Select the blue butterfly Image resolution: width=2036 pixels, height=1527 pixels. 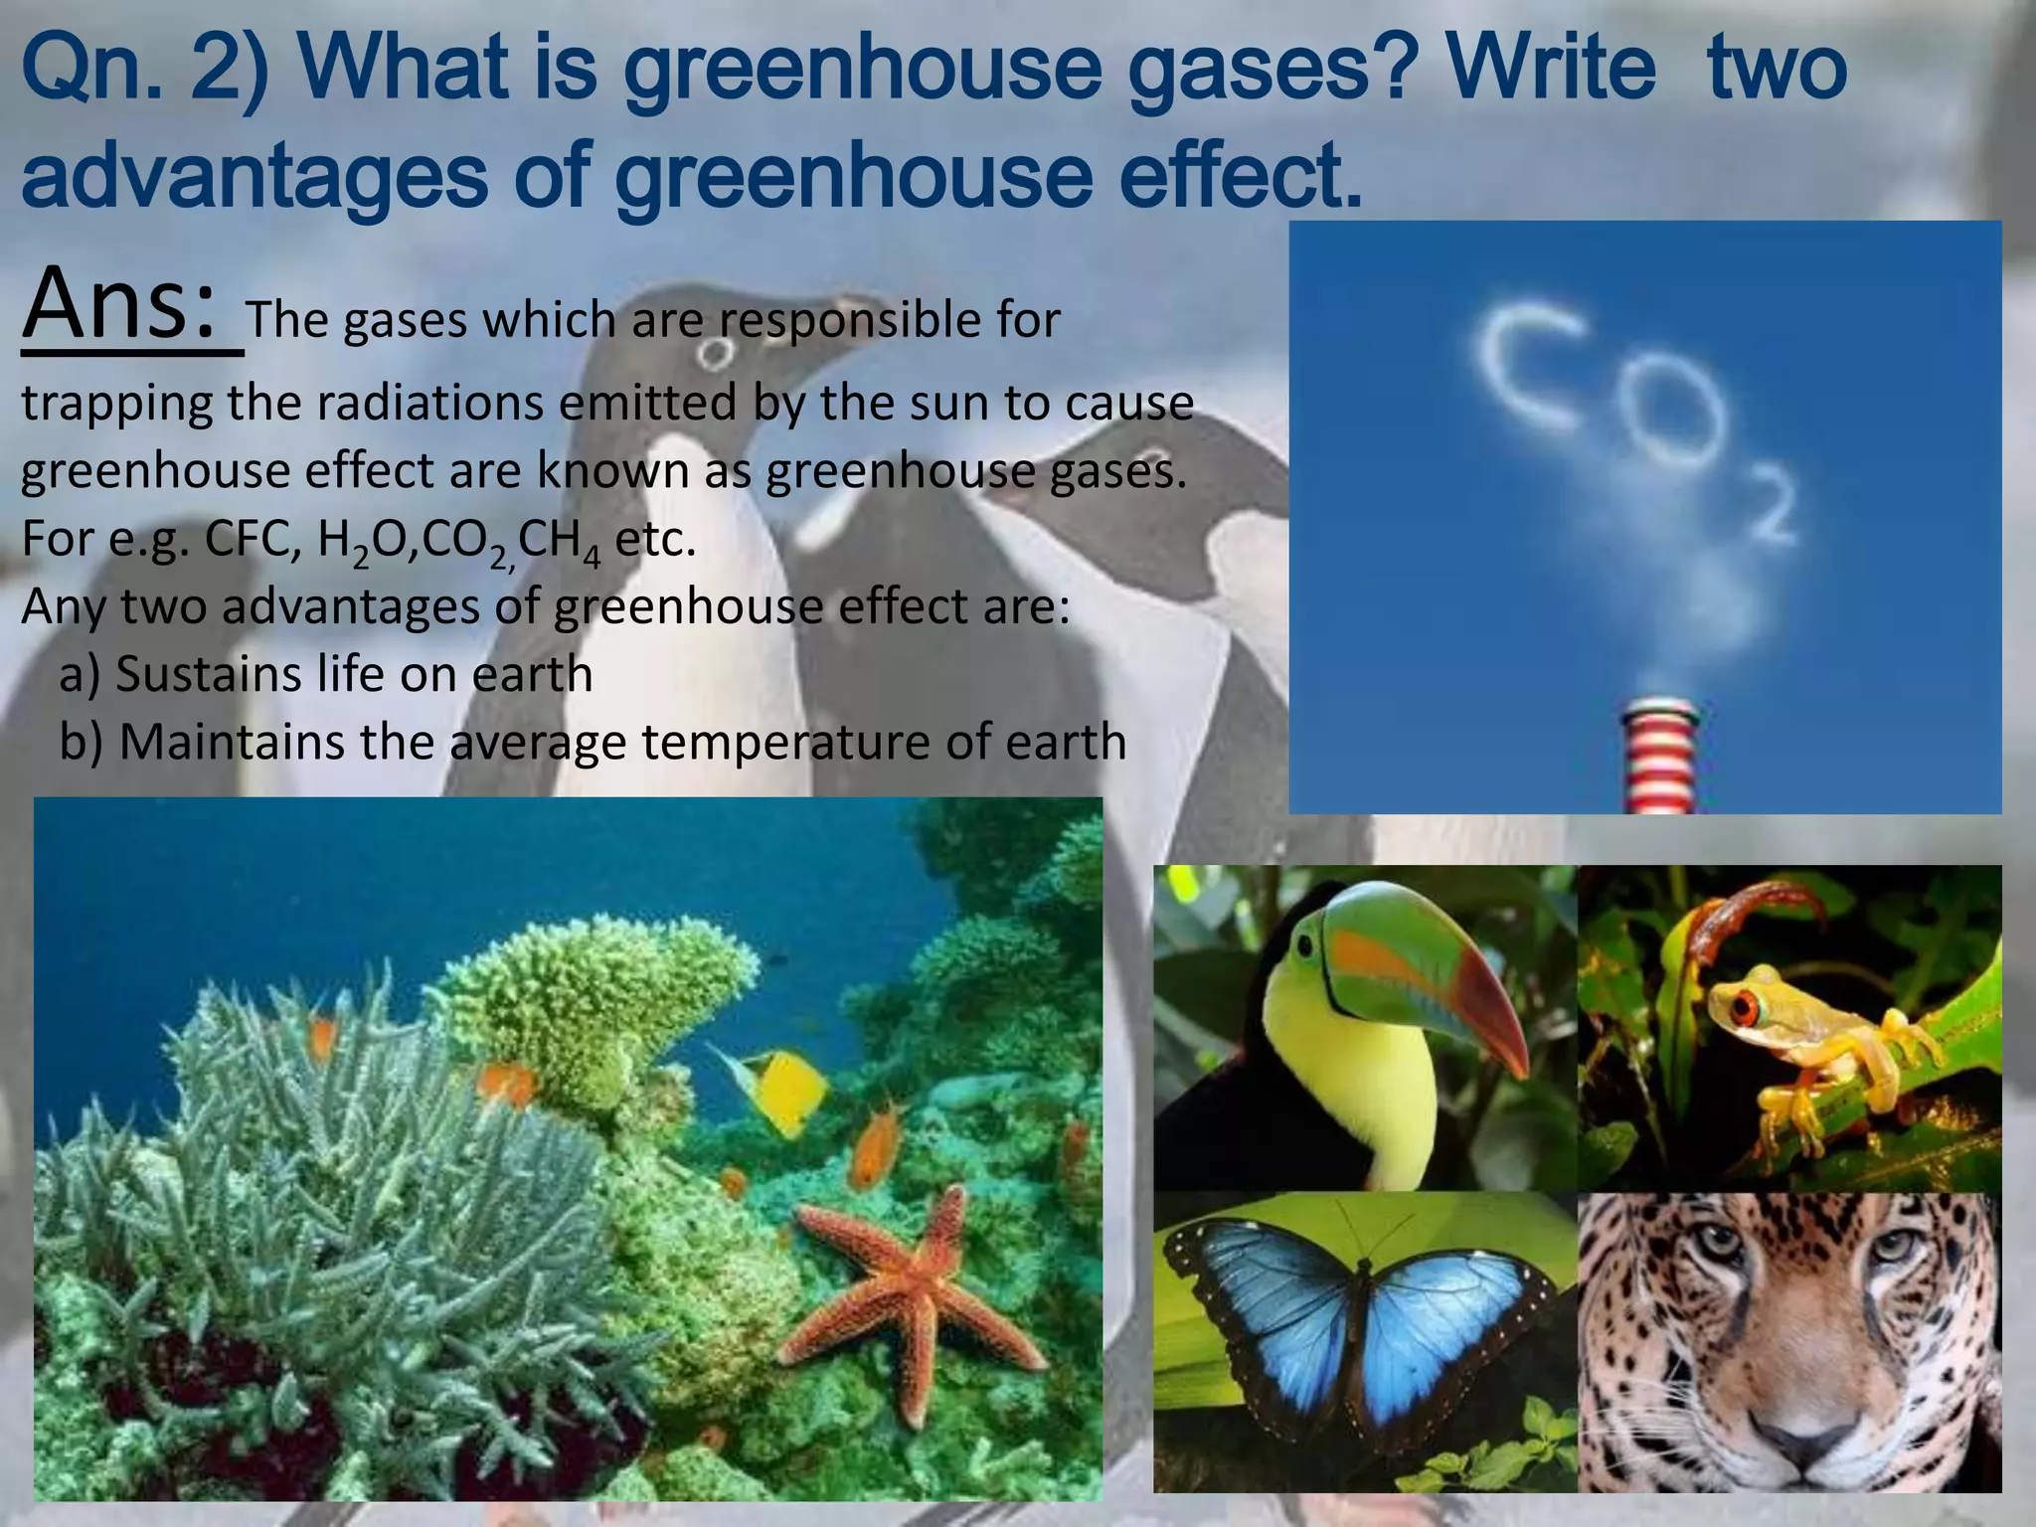pyautogui.click(x=1362, y=1322)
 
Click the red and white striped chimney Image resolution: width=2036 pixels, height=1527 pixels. pyautogui.click(x=1659, y=756)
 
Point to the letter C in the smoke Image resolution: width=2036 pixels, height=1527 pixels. pyautogui.click(x=1526, y=363)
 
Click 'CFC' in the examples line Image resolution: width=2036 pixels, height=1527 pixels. pyautogui.click(x=249, y=540)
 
